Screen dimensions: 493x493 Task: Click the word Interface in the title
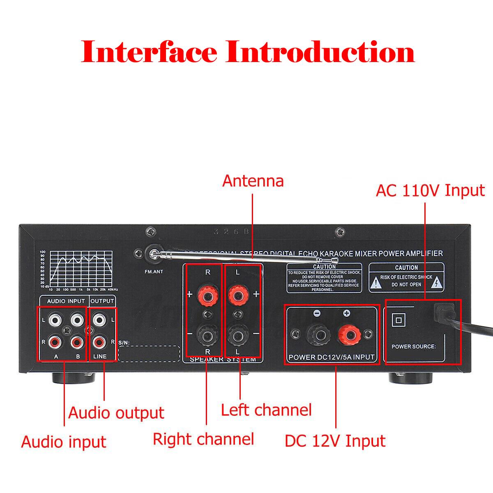tap(149, 52)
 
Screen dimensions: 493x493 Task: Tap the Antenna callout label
tap(253, 181)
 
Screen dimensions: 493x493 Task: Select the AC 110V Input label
tap(430, 191)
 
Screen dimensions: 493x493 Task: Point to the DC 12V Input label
tap(335, 441)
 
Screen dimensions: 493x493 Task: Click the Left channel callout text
tap(266, 410)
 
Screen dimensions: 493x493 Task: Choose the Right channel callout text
tap(203, 439)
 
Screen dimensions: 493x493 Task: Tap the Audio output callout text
tap(116, 413)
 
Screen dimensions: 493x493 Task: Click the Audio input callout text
tap(64, 442)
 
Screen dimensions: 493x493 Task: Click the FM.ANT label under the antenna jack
tap(154, 272)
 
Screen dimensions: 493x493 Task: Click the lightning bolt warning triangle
tap(438, 282)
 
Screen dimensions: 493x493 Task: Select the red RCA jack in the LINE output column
tap(99, 341)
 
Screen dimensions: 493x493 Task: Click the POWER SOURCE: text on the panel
tap(414, 346)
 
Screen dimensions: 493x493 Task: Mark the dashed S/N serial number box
tap(149, 354)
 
